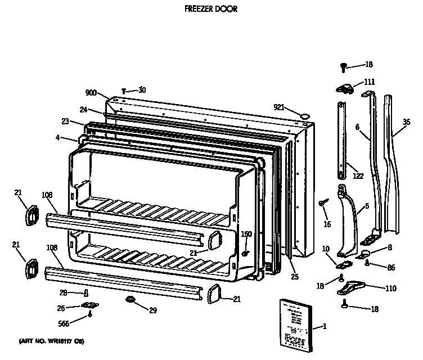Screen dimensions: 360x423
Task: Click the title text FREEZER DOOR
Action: pyautogui.click(x=211, y=9)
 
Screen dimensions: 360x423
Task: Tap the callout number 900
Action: pyautogui.click(x=92, y=93)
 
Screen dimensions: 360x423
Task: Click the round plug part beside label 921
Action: pyautogui.click(x=305, y=116)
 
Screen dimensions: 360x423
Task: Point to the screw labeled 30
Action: pyautogui.click(x=124, y=91)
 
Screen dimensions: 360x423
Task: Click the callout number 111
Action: pyautogui.click(x=369, y=82)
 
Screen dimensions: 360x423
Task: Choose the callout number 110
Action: pyautogui.click(x=390, y=289)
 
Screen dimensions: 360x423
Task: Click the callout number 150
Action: pyautogui.click(x=246, y=234)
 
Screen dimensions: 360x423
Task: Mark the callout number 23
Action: pyautogui.click(x=65, y=121)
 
